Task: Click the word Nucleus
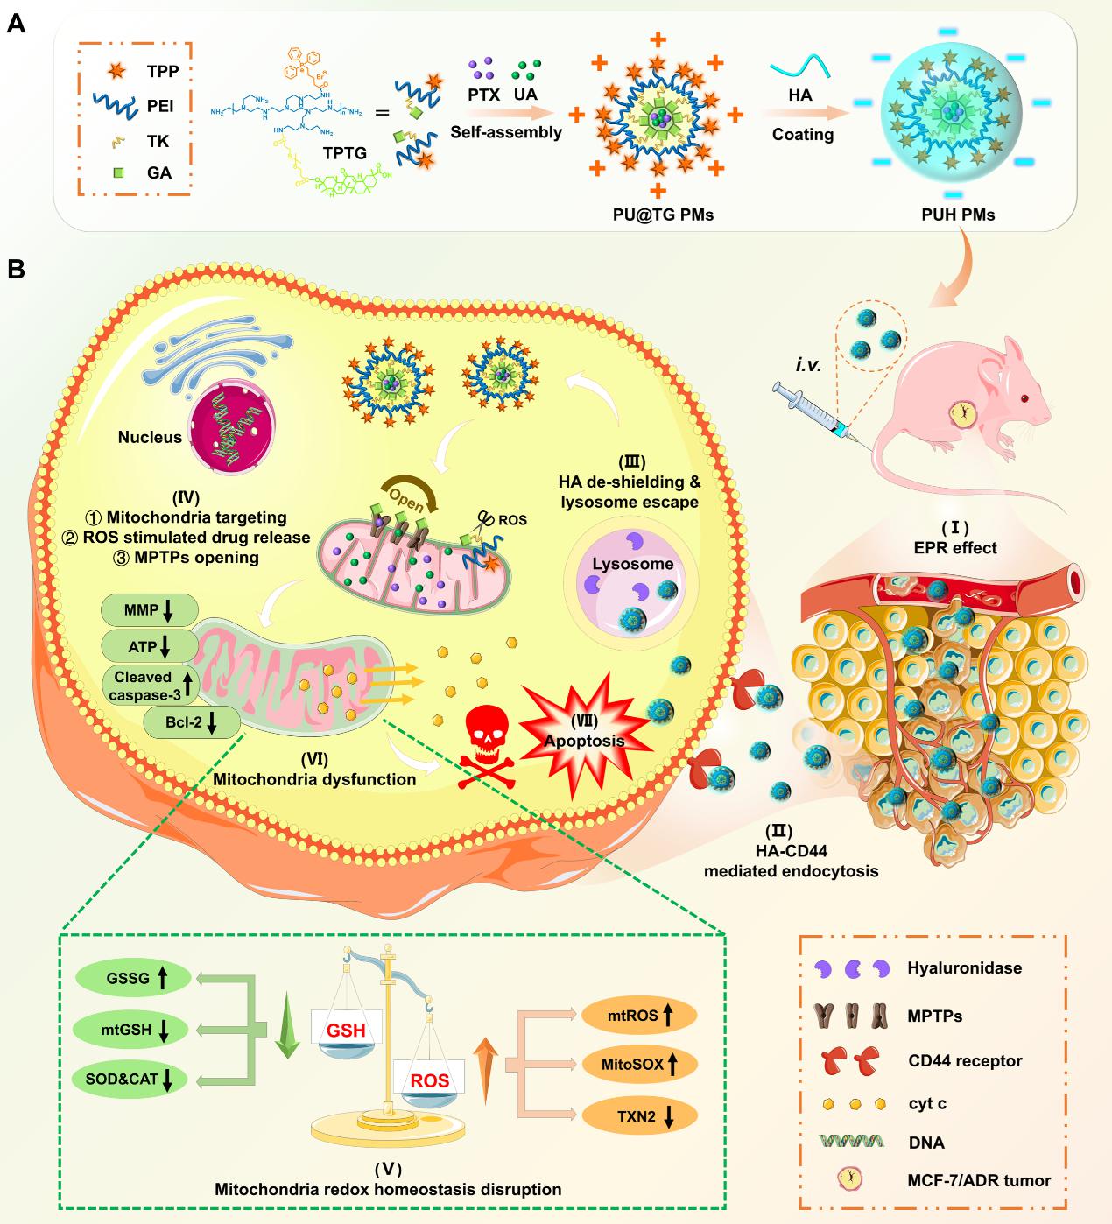tap(151, 436)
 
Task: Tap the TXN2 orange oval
tap(639, 1115)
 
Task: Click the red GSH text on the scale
tap(346, 1030)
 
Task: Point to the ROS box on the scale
tap(429, 1080)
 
